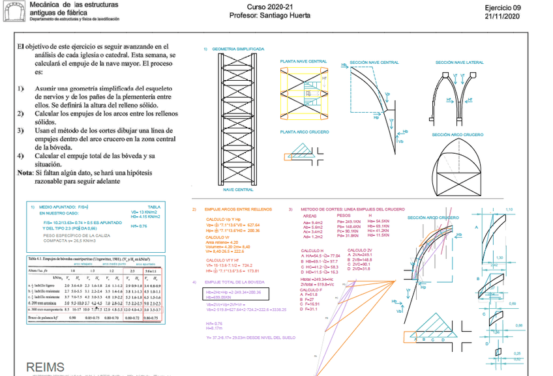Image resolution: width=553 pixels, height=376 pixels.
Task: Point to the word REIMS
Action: (x=46, y=368)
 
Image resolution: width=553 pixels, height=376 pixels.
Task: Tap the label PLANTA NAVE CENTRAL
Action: (x=303, y=61)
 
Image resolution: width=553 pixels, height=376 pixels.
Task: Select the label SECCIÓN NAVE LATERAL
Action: (x=460, y=62)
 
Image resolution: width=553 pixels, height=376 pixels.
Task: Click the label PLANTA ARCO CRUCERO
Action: (x=303, y=132)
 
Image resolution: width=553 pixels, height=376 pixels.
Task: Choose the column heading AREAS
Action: (x=310, y=215)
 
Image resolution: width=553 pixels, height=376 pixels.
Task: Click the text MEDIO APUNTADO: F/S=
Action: (x=61, y=207)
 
